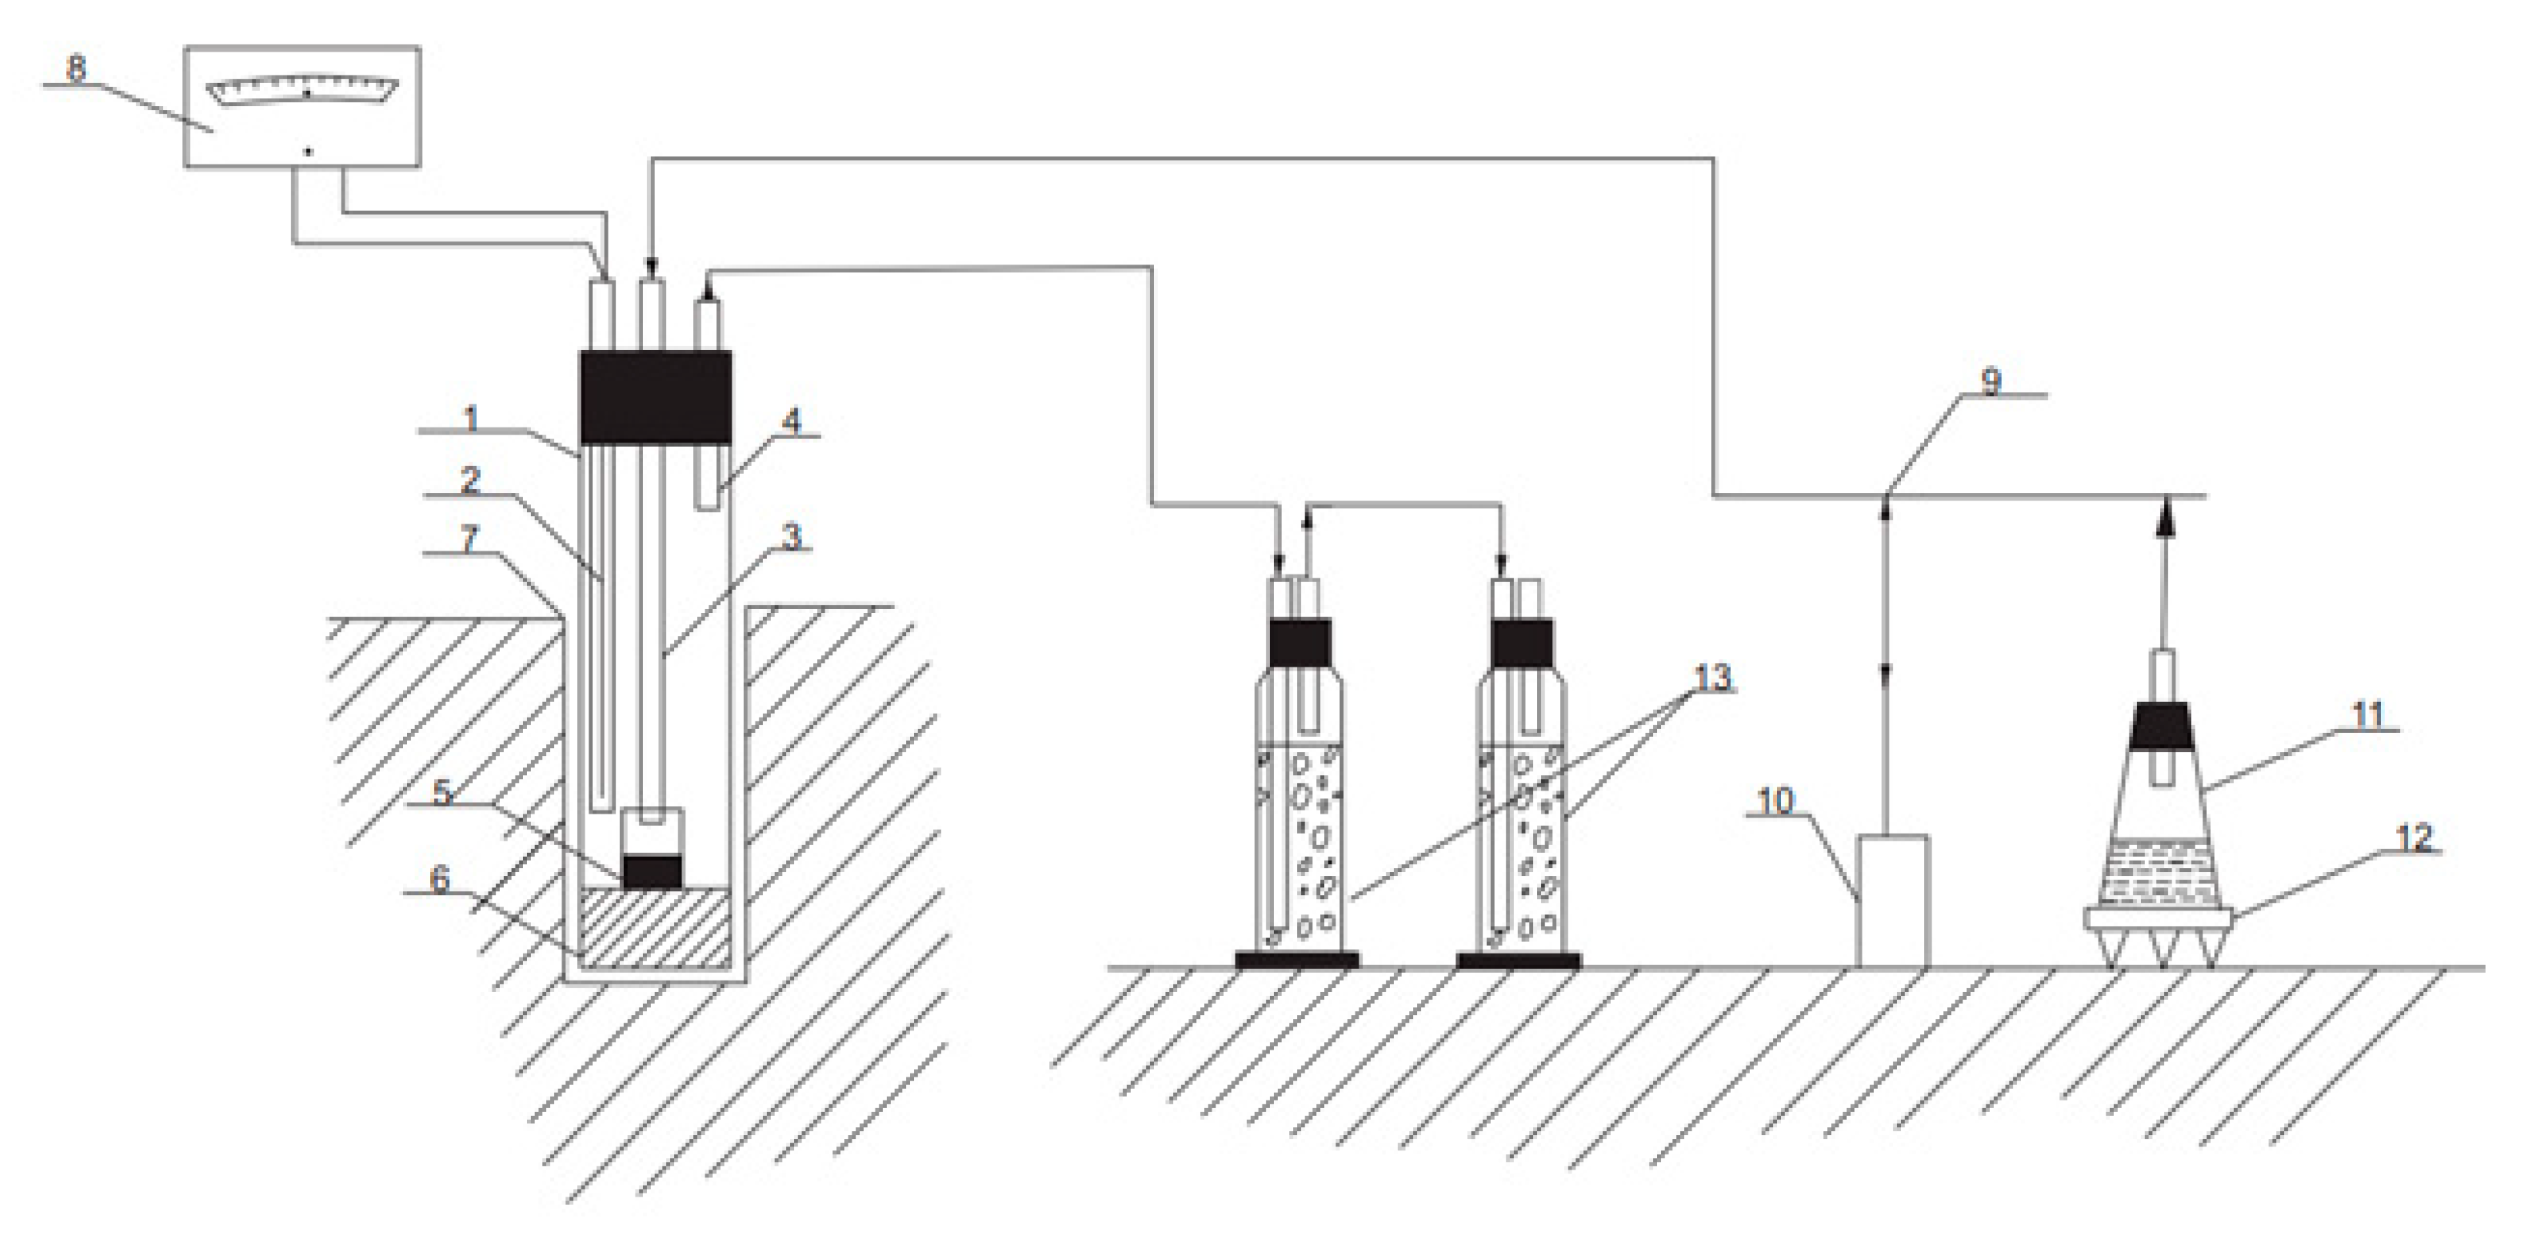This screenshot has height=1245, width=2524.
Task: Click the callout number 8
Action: (x=75, y=68)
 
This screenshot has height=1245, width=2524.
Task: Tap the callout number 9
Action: (x=1991, y=381)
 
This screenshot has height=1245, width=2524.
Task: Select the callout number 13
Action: (x=1712, y=677)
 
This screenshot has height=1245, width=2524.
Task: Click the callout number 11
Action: (x=2367, y=715)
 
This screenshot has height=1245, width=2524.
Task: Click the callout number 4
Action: (x=791, y=421)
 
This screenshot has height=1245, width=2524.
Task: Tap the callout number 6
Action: (x=440, y=879)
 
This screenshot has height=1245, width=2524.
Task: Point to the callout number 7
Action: (x=469, y=539)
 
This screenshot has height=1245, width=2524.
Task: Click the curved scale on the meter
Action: (x=304, y=89)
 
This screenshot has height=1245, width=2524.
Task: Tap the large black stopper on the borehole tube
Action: (x=655, y=397)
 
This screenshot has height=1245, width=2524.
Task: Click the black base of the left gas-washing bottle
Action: (x=1296, y=960)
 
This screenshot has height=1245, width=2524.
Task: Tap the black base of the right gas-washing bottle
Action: (x=1518, y=960)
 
